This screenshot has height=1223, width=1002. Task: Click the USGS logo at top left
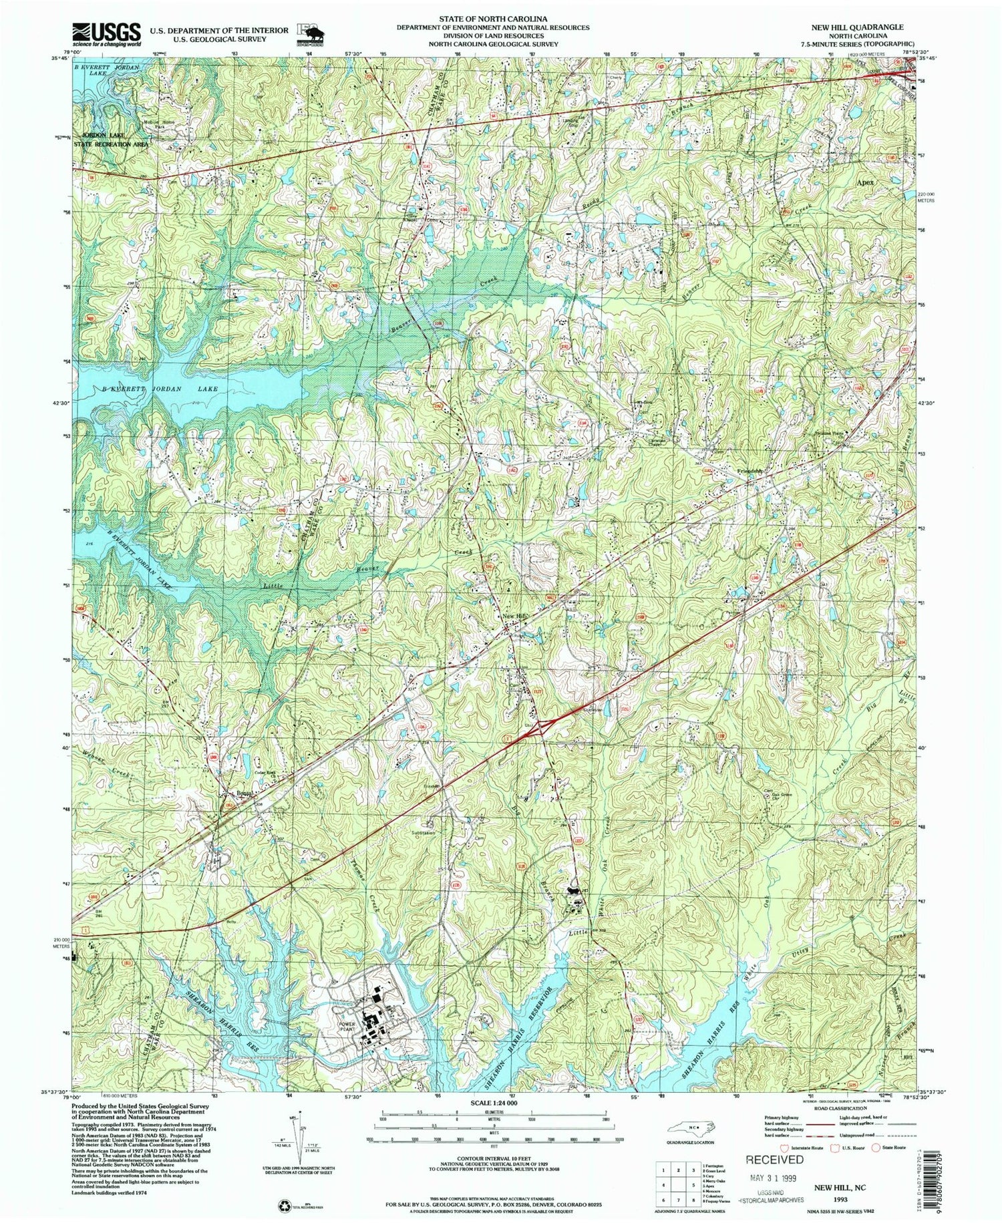tap(107, 33)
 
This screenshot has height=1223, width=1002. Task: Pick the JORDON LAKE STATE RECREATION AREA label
tap(111, 140)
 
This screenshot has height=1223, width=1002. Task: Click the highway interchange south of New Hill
tap(538, 727)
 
